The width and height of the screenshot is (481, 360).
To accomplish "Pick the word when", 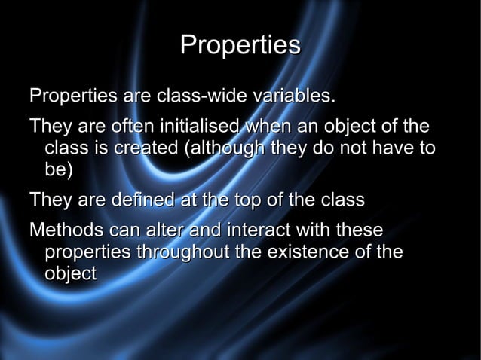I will (270, 126).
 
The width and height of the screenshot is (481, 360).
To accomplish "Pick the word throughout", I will (182, 252).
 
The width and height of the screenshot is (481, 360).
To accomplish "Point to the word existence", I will (308, 252).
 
